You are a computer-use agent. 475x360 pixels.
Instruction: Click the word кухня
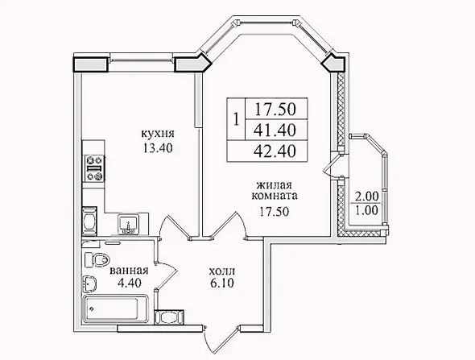click(158, 134)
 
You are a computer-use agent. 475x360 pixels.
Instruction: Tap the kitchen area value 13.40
click(158, 148)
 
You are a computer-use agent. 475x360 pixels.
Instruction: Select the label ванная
click(129, 271)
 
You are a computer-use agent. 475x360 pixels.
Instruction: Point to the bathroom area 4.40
click(129, 283)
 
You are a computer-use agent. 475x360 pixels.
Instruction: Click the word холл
click(221, 271)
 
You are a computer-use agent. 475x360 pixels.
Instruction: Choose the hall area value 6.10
click(221, 283)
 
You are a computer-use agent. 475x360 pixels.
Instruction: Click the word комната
click(275, 196)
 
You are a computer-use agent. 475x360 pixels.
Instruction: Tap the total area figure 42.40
click(275, 151)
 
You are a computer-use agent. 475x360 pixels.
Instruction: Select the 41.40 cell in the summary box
click(275, 130)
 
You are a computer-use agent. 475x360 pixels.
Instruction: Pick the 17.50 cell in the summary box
click(275, 110)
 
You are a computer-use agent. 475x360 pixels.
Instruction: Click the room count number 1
click(237, 119)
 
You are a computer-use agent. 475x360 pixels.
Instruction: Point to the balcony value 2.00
click(367, 197)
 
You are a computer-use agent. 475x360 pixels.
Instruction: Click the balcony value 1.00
click(367, 210)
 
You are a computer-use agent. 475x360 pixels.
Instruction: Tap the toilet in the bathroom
click(97, 259)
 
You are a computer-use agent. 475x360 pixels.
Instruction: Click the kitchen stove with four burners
click(94, 168)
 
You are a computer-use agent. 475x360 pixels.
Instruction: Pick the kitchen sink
click(129, 224)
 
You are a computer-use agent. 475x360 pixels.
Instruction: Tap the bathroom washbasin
click(89, 283)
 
